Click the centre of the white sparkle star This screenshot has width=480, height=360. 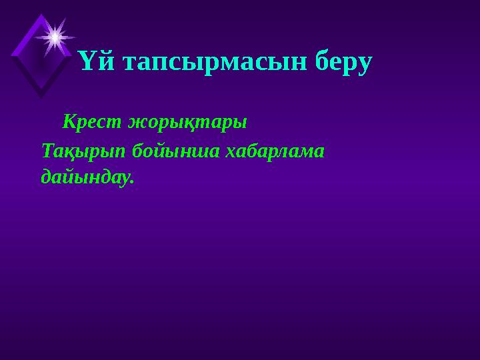[55, 37]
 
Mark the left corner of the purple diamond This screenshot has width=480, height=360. [11, 53]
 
